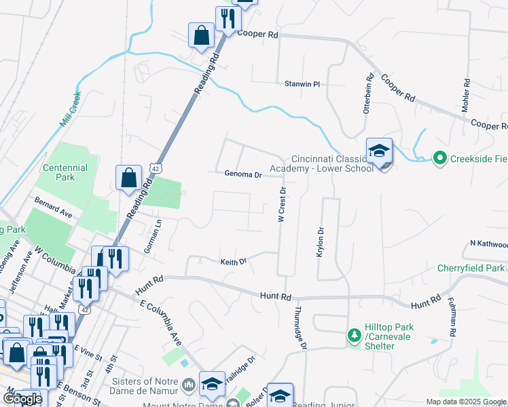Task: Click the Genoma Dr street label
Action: pos(243,174)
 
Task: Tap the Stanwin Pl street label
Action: pos(302,84)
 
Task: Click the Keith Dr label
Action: pos(233,261)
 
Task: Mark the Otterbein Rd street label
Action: pos(369,94)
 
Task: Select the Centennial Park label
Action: pos(65,172)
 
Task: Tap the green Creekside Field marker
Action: pos(439,158)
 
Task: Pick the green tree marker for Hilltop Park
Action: pos(353,336)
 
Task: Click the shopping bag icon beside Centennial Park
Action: pos(128,179)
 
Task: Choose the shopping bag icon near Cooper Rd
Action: pos(202,35)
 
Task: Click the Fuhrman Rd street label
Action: pos(451,319)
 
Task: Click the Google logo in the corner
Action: pos(23,400)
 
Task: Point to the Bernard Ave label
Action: pos(54,208)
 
